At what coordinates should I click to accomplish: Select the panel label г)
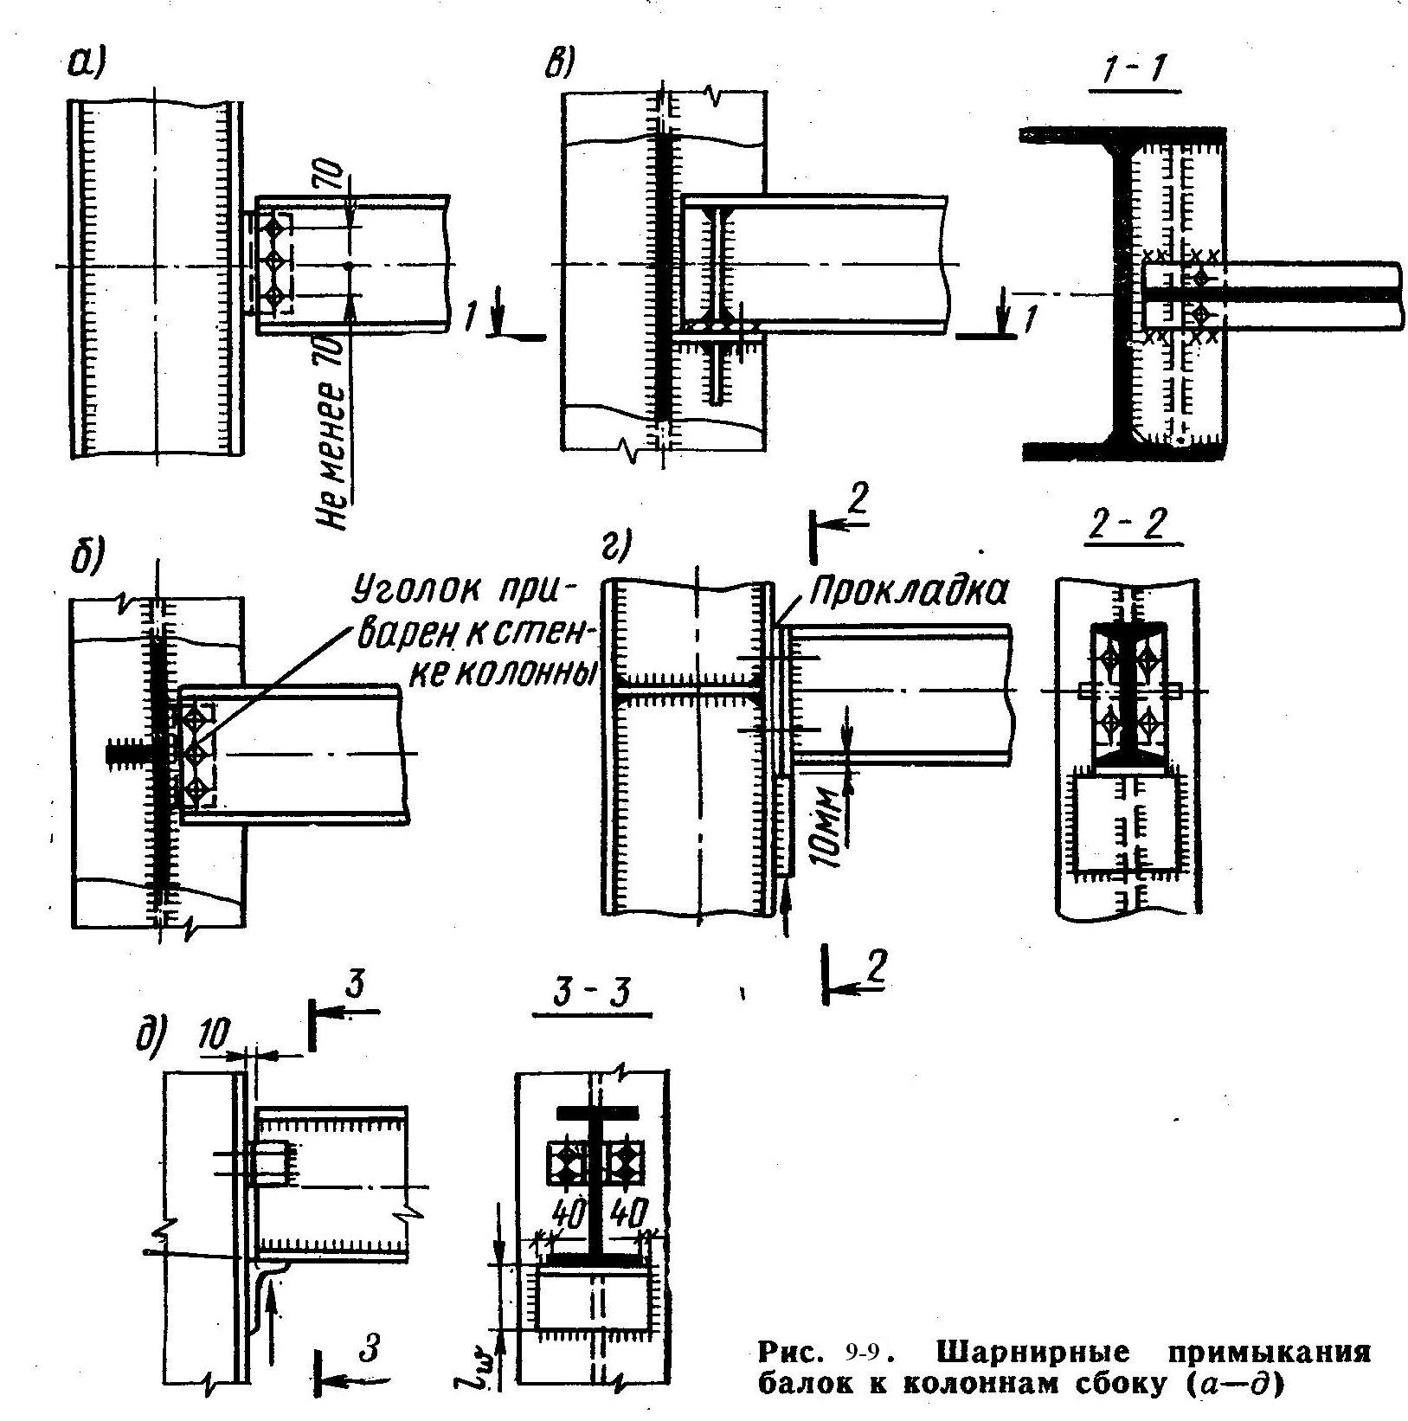pos(617,547)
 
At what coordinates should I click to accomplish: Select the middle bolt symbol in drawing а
pos(274,260)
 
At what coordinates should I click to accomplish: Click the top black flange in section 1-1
pos(1123,135)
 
